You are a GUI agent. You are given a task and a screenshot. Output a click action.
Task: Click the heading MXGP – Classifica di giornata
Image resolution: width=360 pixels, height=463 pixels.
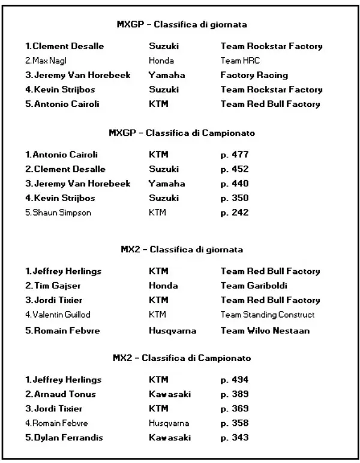[x=182, y=25]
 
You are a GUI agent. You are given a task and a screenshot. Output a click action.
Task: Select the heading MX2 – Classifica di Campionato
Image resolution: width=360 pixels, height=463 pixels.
[x=182, y=358]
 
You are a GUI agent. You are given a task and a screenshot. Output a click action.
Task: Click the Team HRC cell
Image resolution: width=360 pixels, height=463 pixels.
[x=240, y=61]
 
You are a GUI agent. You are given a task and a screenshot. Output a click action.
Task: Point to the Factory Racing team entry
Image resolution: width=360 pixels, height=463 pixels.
[x=254, y=75]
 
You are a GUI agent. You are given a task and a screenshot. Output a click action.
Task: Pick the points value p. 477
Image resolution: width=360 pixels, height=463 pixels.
[x=234, y=154]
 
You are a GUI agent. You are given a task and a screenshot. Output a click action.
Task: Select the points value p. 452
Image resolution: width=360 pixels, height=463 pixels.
[x=234, y=169]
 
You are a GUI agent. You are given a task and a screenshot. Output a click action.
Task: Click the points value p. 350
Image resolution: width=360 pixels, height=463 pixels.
[x=234, y=198]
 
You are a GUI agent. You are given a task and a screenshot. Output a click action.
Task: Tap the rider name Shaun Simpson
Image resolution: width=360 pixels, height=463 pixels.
[x=58, y=212]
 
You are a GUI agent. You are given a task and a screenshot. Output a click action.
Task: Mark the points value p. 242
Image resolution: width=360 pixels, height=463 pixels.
[x=234, y=212]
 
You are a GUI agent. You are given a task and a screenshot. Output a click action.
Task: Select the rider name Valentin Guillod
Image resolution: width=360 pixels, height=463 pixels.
[x=58, y=314]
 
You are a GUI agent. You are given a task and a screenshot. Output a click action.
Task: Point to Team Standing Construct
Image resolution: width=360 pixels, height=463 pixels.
[x=268, y=314]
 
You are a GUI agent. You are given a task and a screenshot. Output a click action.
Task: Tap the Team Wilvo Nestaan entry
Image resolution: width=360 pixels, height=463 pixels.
[x=265, y=330]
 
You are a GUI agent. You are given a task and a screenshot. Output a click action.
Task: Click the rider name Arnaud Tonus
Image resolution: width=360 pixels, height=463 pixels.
[x=60, y=394]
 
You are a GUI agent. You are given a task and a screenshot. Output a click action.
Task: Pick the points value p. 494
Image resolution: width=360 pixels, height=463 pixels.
[x=234, y=380]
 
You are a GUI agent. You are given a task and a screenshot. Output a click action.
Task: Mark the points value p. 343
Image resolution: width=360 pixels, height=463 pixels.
[x=234, y=437]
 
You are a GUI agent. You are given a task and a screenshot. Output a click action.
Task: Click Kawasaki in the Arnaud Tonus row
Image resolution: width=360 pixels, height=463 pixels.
[x=170, y=394]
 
